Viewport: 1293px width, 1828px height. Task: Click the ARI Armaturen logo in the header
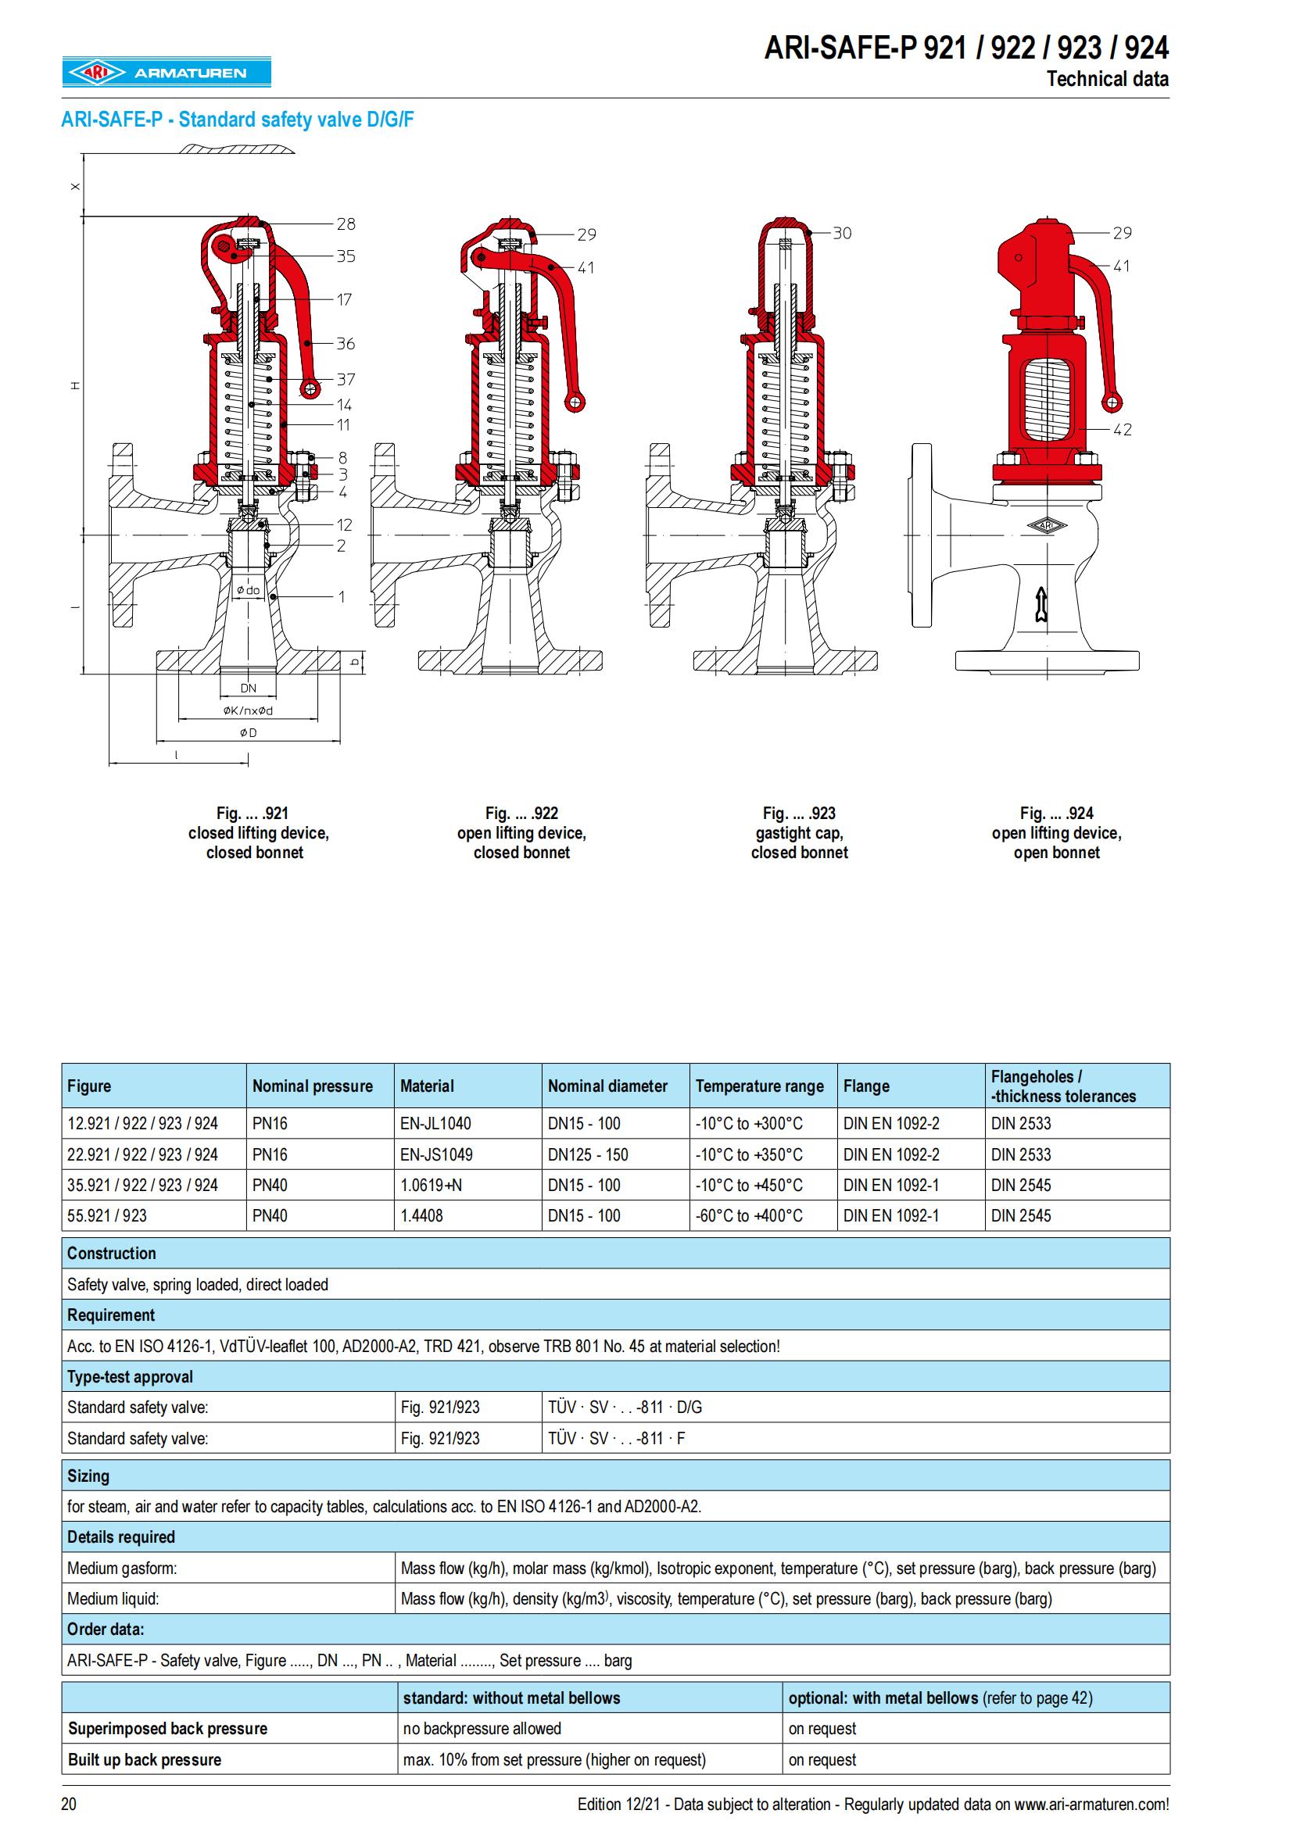click(167, 73)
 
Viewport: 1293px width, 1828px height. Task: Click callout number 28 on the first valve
click(346, 224)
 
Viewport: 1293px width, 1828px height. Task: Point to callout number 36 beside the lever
click(346, 344)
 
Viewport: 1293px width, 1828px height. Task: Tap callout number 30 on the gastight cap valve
click(842, 233)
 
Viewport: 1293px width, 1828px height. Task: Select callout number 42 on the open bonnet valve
click(1122, 430)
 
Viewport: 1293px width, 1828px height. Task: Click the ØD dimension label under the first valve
click(249, 732)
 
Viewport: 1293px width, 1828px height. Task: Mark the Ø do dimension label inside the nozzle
click(248, 591)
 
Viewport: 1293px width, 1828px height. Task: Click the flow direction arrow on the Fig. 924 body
click(1040, 604)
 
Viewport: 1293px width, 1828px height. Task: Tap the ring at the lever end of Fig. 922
click(574, 402)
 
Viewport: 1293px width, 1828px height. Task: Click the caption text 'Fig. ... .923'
click(799, 813)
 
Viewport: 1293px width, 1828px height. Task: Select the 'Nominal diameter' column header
click(607, 1086)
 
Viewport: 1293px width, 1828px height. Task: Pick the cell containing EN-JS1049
click(435, 1154)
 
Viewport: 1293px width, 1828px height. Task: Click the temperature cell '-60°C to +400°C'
click(748, 1216)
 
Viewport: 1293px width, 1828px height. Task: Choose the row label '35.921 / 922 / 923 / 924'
click(142, 1185)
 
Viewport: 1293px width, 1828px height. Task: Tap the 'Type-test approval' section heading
click(130, 1376)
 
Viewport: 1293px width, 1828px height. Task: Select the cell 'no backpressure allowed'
click(482, 1729)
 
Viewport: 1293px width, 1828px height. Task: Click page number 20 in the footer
click(70, 1804)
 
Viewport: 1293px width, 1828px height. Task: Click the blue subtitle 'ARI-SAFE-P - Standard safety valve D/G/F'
click(238, 120)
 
